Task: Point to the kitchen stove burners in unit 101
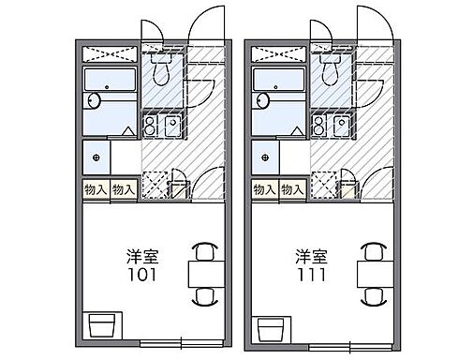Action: pos(151,125)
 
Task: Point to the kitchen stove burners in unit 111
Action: pos(321,125)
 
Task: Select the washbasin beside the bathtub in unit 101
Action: pos(94,101)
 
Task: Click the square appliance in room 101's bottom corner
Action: pos(100,325)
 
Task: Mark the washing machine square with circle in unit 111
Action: pos(266,156)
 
